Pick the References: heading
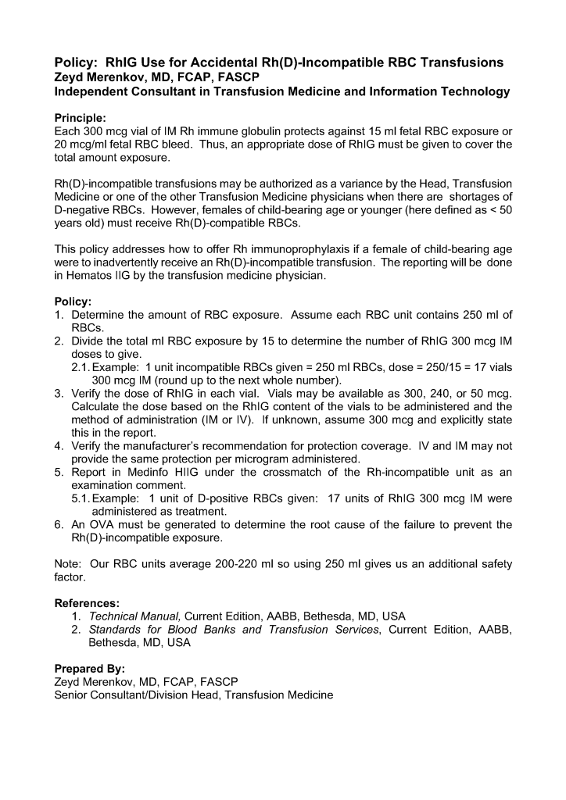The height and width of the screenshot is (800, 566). [x=87, y=603]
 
